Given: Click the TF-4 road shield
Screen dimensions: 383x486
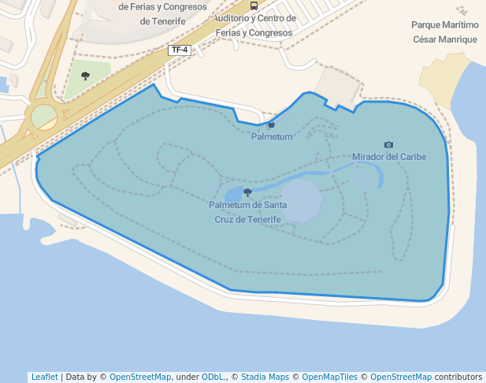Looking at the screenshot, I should [180, 50].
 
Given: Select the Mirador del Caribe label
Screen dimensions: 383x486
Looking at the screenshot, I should [389, 157].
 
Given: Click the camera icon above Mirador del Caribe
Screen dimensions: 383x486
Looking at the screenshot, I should [388, 145].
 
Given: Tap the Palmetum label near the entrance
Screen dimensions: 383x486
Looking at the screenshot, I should [272, 137].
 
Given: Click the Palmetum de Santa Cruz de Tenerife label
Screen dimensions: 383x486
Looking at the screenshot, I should [248, 212].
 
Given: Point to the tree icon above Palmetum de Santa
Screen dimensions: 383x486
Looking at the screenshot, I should [248, 192].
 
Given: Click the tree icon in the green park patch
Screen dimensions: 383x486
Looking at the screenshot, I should [85, 76].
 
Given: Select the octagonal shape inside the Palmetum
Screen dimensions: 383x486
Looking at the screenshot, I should [302, 200].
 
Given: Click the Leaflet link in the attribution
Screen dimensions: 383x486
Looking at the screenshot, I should [45, 377].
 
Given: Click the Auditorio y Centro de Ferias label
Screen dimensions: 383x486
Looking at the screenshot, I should [254, 25].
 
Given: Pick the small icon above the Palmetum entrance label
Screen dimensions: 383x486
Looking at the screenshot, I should [272, 125].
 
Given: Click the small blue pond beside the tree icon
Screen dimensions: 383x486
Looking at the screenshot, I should [235, 194].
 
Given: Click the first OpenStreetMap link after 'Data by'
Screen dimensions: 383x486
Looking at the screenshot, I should [140, 377].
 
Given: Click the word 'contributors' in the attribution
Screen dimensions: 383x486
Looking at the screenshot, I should [458, 377].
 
